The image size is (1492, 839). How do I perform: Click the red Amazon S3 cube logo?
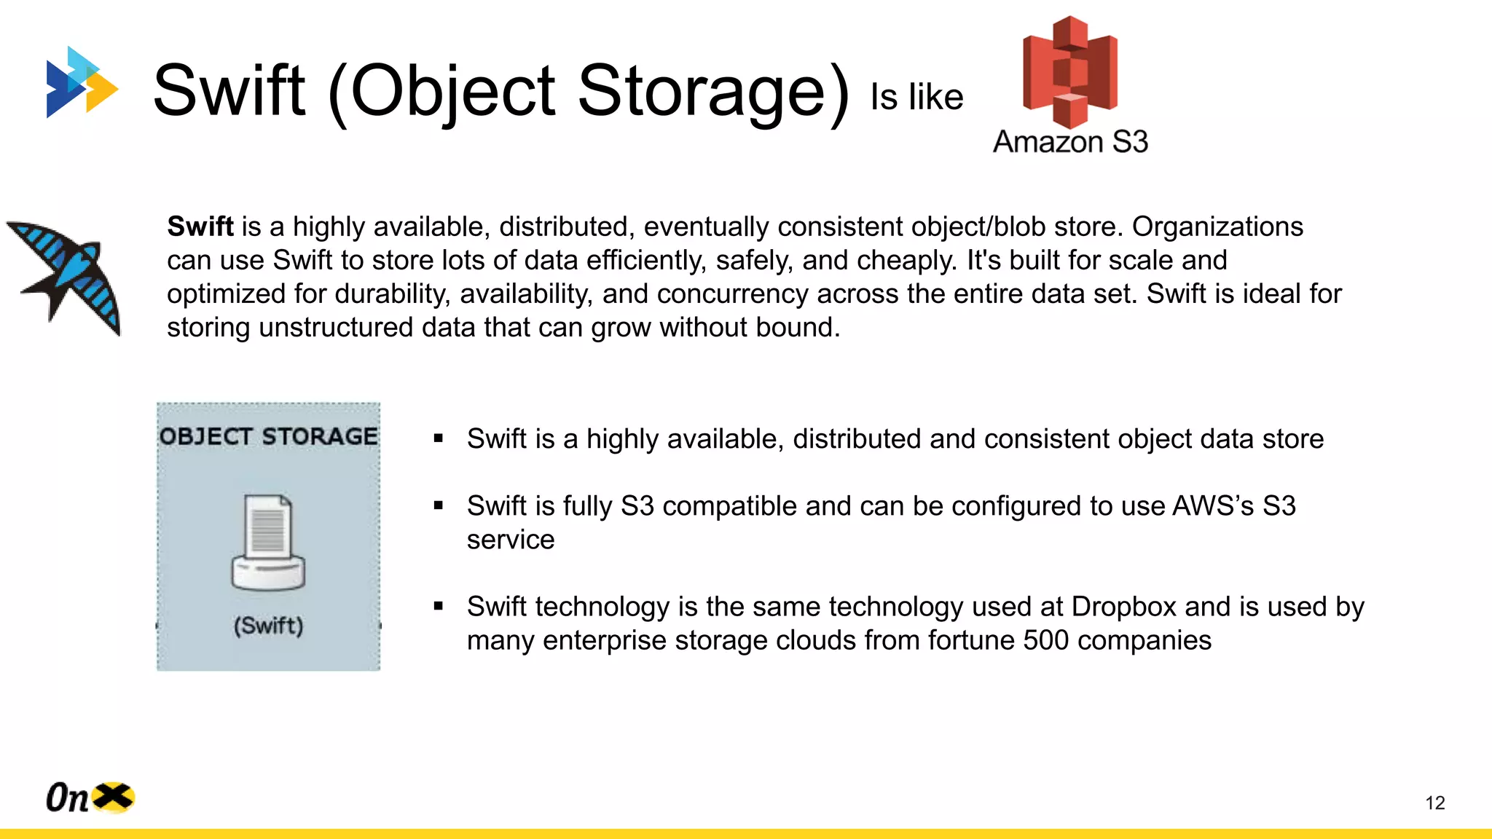[x=1069, y=71]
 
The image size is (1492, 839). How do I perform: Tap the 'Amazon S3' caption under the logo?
[x=1070, y=141]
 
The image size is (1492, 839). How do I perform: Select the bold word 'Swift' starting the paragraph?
[x=200, y=227]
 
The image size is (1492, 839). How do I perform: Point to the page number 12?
[x=1434, y=803]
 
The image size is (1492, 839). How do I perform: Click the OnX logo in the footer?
[x=90, y=797]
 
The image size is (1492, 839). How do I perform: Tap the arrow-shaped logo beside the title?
[x=81, y=82]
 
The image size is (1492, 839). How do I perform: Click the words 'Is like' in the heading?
[x=916, y=97]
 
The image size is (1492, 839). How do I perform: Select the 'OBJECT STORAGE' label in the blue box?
[x=268, y=436]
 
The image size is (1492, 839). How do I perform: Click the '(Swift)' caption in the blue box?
[x=268, y=626]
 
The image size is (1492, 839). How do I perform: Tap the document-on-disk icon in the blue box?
[x=268, y=542]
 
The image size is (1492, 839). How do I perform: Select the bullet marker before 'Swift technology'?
[x=438, y=606]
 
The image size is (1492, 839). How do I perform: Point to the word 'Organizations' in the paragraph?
[x=1217, y=227]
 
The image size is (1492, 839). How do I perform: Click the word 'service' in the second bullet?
[x=511, y=540]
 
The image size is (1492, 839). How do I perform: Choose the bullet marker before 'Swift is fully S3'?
[x=438, y=505]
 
